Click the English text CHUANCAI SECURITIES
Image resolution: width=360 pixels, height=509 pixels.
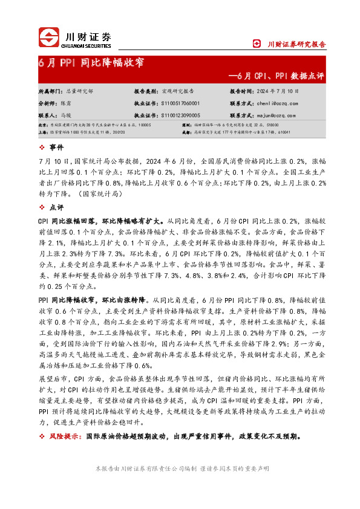(88, 45)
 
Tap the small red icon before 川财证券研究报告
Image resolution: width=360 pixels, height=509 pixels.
(257, 44)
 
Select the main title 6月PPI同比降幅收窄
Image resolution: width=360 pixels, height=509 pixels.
(90, 63)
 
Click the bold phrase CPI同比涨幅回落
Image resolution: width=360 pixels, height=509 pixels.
(65, 221)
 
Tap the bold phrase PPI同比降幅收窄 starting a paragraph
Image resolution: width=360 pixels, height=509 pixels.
(65, 299)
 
